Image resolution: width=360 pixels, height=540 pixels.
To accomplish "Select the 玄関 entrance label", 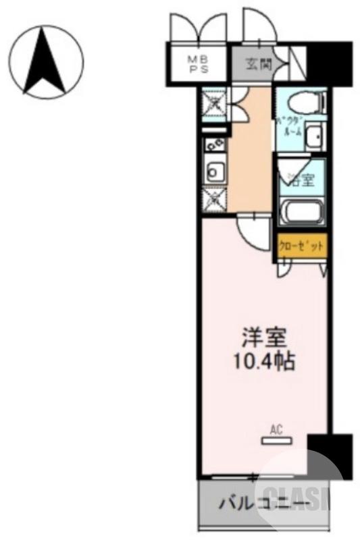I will (x=255, y=65).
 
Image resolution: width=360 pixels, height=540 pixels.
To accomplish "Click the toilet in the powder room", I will (x=300, y=103).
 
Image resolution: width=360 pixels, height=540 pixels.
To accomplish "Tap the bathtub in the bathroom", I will (x=301, y=213).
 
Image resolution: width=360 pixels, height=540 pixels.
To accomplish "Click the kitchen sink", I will (x=214, y=173).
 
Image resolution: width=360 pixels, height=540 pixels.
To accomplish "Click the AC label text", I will (x=276, y=428).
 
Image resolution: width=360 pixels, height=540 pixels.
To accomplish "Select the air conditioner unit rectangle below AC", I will (x=277, y=441).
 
